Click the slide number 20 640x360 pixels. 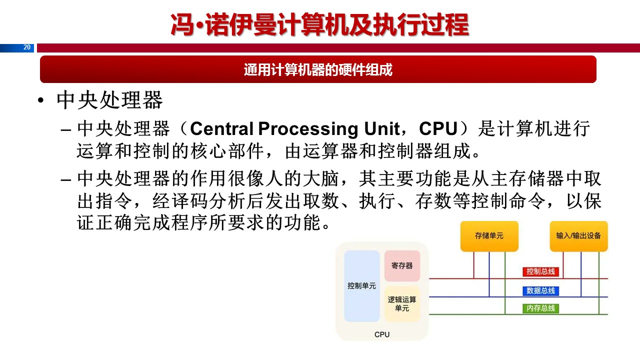click(x=27, y=47)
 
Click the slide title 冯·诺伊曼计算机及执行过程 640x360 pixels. click(x=320, y=25)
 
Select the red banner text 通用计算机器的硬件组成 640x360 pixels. click(x=318, y=69)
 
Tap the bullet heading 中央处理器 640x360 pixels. click(x=109, y=100)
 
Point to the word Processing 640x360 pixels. click(x=306, y=129)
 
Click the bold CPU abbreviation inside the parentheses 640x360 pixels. click(x=438, y=129)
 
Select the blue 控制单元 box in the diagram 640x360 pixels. click(x=362, y=286)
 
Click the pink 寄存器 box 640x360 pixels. click(x=402, y=265)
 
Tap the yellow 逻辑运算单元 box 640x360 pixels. click(x=402, y=304)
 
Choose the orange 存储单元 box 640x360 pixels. click(x=489, y=235)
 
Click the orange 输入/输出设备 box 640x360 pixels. click(x=578, y=235)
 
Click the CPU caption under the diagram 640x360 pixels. click(x=382, y=334)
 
